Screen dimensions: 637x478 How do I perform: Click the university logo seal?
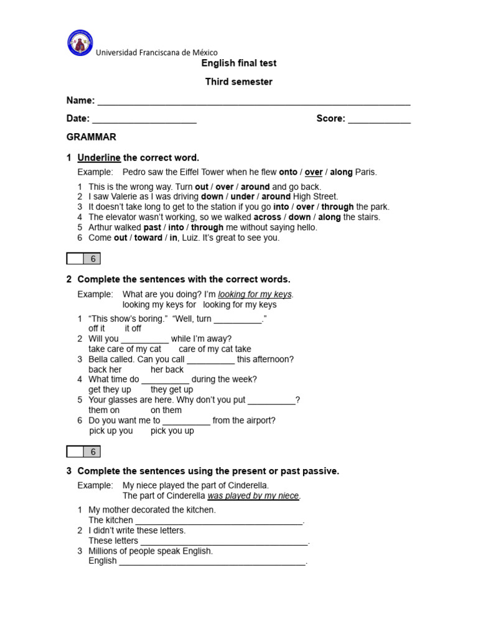80,43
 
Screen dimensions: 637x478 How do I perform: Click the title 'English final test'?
239,63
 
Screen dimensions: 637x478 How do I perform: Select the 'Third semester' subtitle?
239,82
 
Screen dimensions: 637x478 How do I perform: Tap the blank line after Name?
254,102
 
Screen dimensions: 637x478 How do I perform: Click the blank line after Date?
144,120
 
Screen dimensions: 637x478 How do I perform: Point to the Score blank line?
379,120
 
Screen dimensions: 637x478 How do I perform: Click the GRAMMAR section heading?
91,137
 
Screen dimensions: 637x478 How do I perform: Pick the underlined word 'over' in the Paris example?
314,172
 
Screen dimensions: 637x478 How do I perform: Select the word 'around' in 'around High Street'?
276,197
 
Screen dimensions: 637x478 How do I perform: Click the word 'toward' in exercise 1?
148,238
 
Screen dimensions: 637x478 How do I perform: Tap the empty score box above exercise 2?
75,259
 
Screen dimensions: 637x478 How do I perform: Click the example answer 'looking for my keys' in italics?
255,295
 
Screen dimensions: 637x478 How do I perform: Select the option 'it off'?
133,328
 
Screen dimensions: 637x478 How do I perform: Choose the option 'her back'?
167,370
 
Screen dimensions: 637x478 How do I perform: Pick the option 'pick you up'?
172,430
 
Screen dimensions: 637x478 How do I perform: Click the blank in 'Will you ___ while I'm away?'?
144,340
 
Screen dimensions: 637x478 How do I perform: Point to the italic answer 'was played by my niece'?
253,496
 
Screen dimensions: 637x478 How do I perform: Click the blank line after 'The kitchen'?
218,521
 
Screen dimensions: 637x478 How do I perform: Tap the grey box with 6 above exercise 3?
92,452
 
